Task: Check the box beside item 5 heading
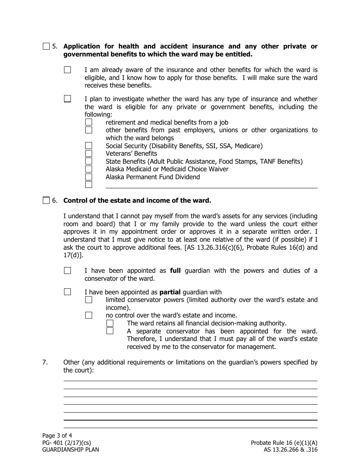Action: (x=46, y=47)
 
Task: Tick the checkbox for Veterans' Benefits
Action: (x=89, y=153)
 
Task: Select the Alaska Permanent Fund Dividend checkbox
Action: (x=89, y=177)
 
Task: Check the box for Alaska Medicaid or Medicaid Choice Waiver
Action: (x=89, y=169)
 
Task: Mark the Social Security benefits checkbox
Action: (x=89, y=145)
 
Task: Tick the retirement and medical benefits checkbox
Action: (x=89, y=122)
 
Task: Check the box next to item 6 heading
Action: (x=46, y=200)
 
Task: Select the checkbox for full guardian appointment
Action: (x=67, y=271)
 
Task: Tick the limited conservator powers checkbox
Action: (x=89, y=300)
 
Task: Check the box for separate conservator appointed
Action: (x=110, y=331)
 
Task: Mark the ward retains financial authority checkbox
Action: (x=110, y=323)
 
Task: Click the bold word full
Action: (x=175, y=271)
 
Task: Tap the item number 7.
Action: (x=45, y=362)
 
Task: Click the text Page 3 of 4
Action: (x=57, y=435)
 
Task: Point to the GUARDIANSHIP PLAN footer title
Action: (x=70, y=450)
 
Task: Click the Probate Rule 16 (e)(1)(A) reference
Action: (x=284, y=443)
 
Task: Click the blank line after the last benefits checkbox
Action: (x=211, y=185)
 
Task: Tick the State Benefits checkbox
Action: (x=89, y=161)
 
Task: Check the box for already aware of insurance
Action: (x=67, y=70)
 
